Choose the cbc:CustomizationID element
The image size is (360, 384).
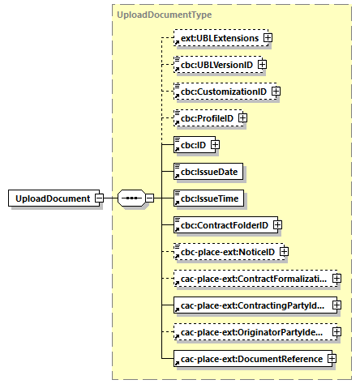pyautogui.click(x=222, y=92)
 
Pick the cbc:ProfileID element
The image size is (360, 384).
pyautogui.click(x=205, y=118)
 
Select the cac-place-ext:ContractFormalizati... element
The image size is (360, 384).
pyautogui.click(x=252, y=279)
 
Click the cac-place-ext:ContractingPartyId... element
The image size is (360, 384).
pyautogui.click(x=252, y=305)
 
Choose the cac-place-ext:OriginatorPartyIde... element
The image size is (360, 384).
pyautogui.click(x=252, y=332)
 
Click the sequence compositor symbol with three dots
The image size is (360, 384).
pyautogui.click(x=131, y=198)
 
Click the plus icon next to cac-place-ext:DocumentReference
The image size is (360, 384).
pyautogui.click(x=332, y=359)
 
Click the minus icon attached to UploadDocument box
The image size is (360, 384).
pyautogui.click(x=98, y=198)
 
